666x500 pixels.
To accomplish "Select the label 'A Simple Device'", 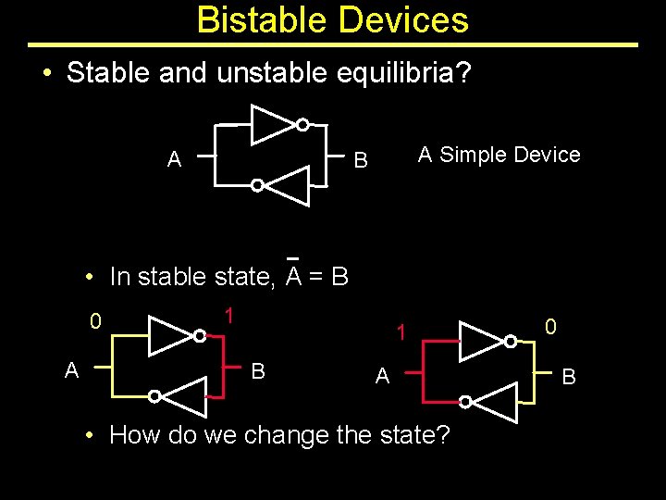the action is [x=499, y=155].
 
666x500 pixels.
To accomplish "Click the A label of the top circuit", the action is [x=174, y=160].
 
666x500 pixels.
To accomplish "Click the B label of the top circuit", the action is [x=362, y=161].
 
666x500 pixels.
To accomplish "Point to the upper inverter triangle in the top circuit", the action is [x=272, y=125].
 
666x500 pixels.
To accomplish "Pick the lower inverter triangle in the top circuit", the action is [x=289, y=185].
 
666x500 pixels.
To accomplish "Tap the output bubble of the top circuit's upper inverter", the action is [x=302, y=125].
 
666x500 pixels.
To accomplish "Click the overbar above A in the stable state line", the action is [x=293, y=258].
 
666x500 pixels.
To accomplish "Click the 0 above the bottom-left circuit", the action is [x=95, y=322].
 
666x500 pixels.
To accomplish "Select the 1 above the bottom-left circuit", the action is [x=228, y=315].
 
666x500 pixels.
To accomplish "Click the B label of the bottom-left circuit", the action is [x=259, y=371].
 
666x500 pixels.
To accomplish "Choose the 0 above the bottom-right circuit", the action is [x=550, y=326].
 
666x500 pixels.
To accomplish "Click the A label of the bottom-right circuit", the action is [x=382, y=376].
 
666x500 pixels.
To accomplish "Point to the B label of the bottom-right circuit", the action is [x=569, y=377].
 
